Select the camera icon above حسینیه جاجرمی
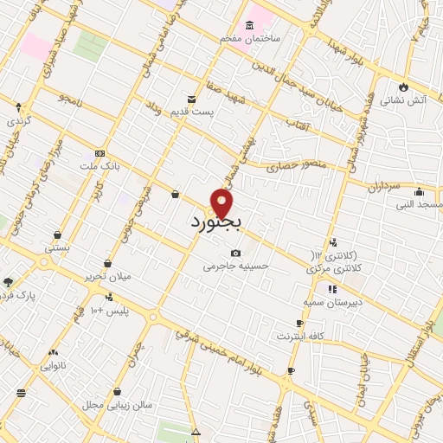click(x=235, y=253)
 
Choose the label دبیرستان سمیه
click(x=331, y=303)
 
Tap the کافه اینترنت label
click(x=299, y=335)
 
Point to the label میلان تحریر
click(x=108, y=276)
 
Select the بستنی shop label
click(x=57, y=247)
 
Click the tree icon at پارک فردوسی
click(x=9, y=282)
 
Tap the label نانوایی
click(x=55, y=366)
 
